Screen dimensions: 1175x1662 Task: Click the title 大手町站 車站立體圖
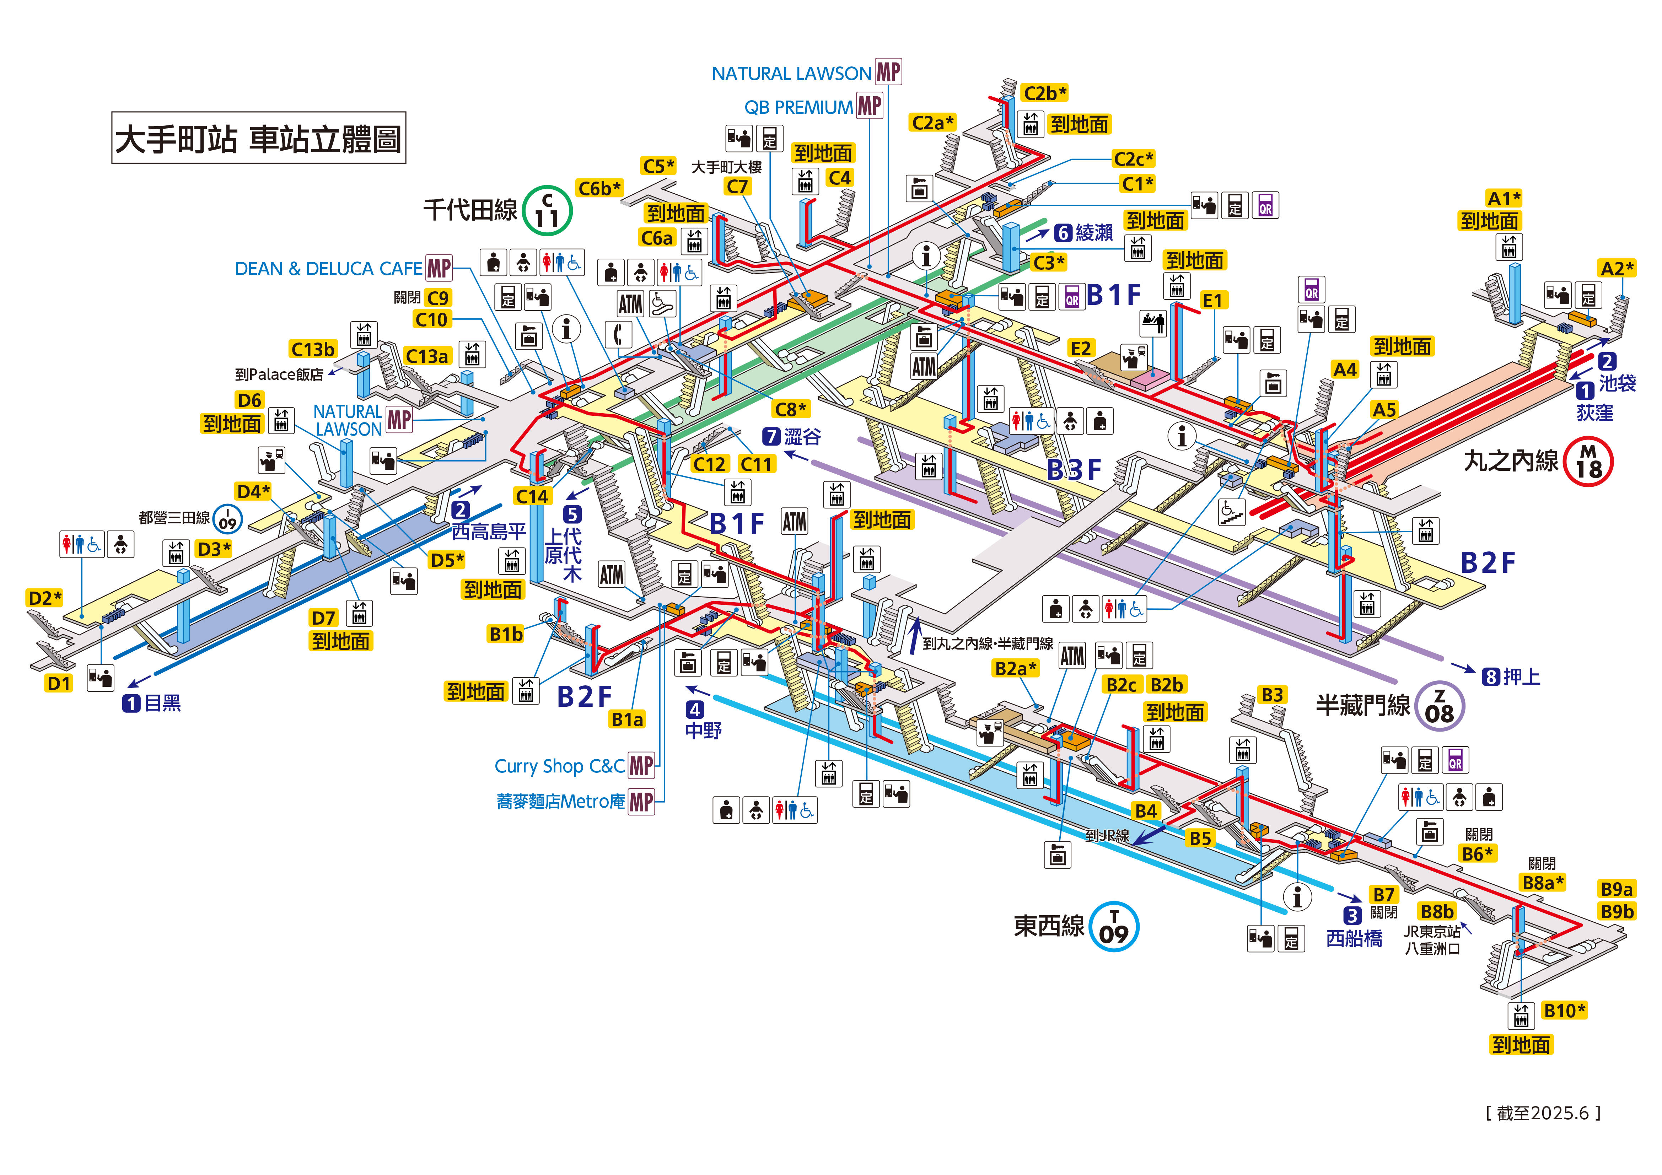pos(258,138)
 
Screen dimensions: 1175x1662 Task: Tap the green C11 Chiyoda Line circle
pos(547,211)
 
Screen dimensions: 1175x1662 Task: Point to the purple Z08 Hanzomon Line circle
pos(1439,706)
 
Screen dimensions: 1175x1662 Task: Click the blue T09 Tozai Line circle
pos(1114,926)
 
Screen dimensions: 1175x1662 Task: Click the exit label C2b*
pos(1044,93)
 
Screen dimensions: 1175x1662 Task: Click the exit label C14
pos(532,496)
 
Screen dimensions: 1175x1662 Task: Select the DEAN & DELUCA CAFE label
pos(328,269)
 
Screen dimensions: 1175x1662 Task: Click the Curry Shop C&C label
pos(559,766)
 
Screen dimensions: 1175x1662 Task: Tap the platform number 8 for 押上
pos(1490,677)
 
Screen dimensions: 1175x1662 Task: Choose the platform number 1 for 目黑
pos(131,703)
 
